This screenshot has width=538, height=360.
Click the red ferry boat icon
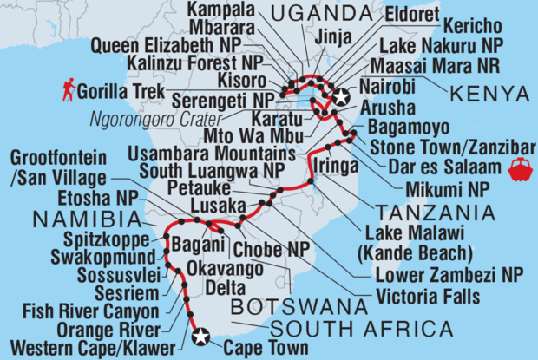522,167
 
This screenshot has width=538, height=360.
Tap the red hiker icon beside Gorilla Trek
69,88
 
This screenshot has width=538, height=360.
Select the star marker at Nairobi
340,97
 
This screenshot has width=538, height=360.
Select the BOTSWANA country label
296,305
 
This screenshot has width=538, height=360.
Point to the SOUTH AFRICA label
361,329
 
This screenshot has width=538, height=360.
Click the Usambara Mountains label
226,151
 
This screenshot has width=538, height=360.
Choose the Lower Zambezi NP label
436,278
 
